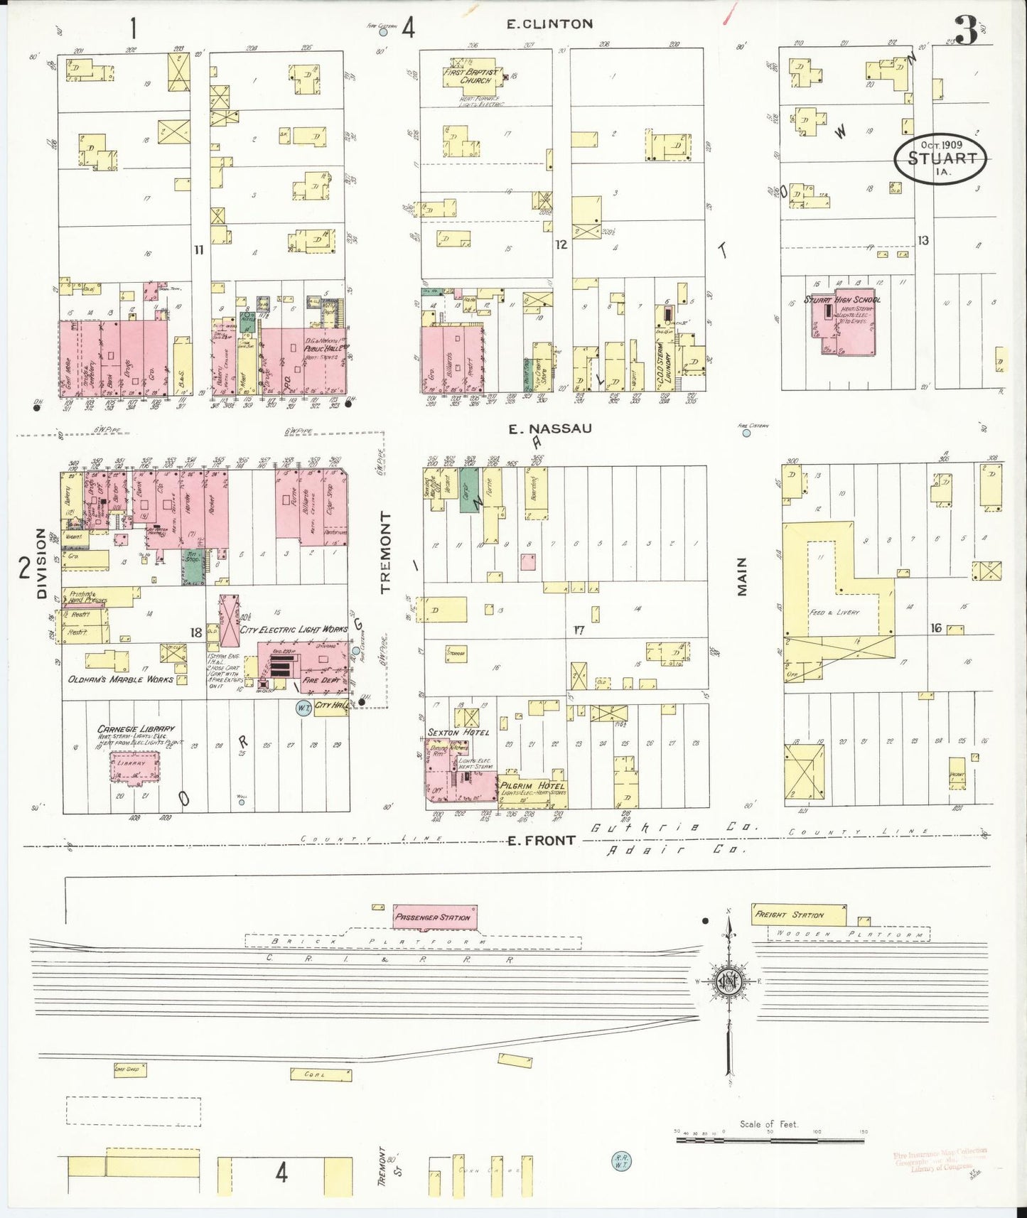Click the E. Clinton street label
[549, 24]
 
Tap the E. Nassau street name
[550, 429]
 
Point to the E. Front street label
[541, 841]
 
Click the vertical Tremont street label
[385, 552]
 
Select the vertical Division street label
[41, 563]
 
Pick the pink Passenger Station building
[434, 917]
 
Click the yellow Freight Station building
[798, 915]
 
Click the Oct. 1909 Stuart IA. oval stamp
[940, 158]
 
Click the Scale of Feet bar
[770, 1140]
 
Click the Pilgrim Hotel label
[532, 785]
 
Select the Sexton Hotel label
[458, 732]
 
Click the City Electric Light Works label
[293, 629]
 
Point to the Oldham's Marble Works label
[120, 679]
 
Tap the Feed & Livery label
[834, 612]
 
